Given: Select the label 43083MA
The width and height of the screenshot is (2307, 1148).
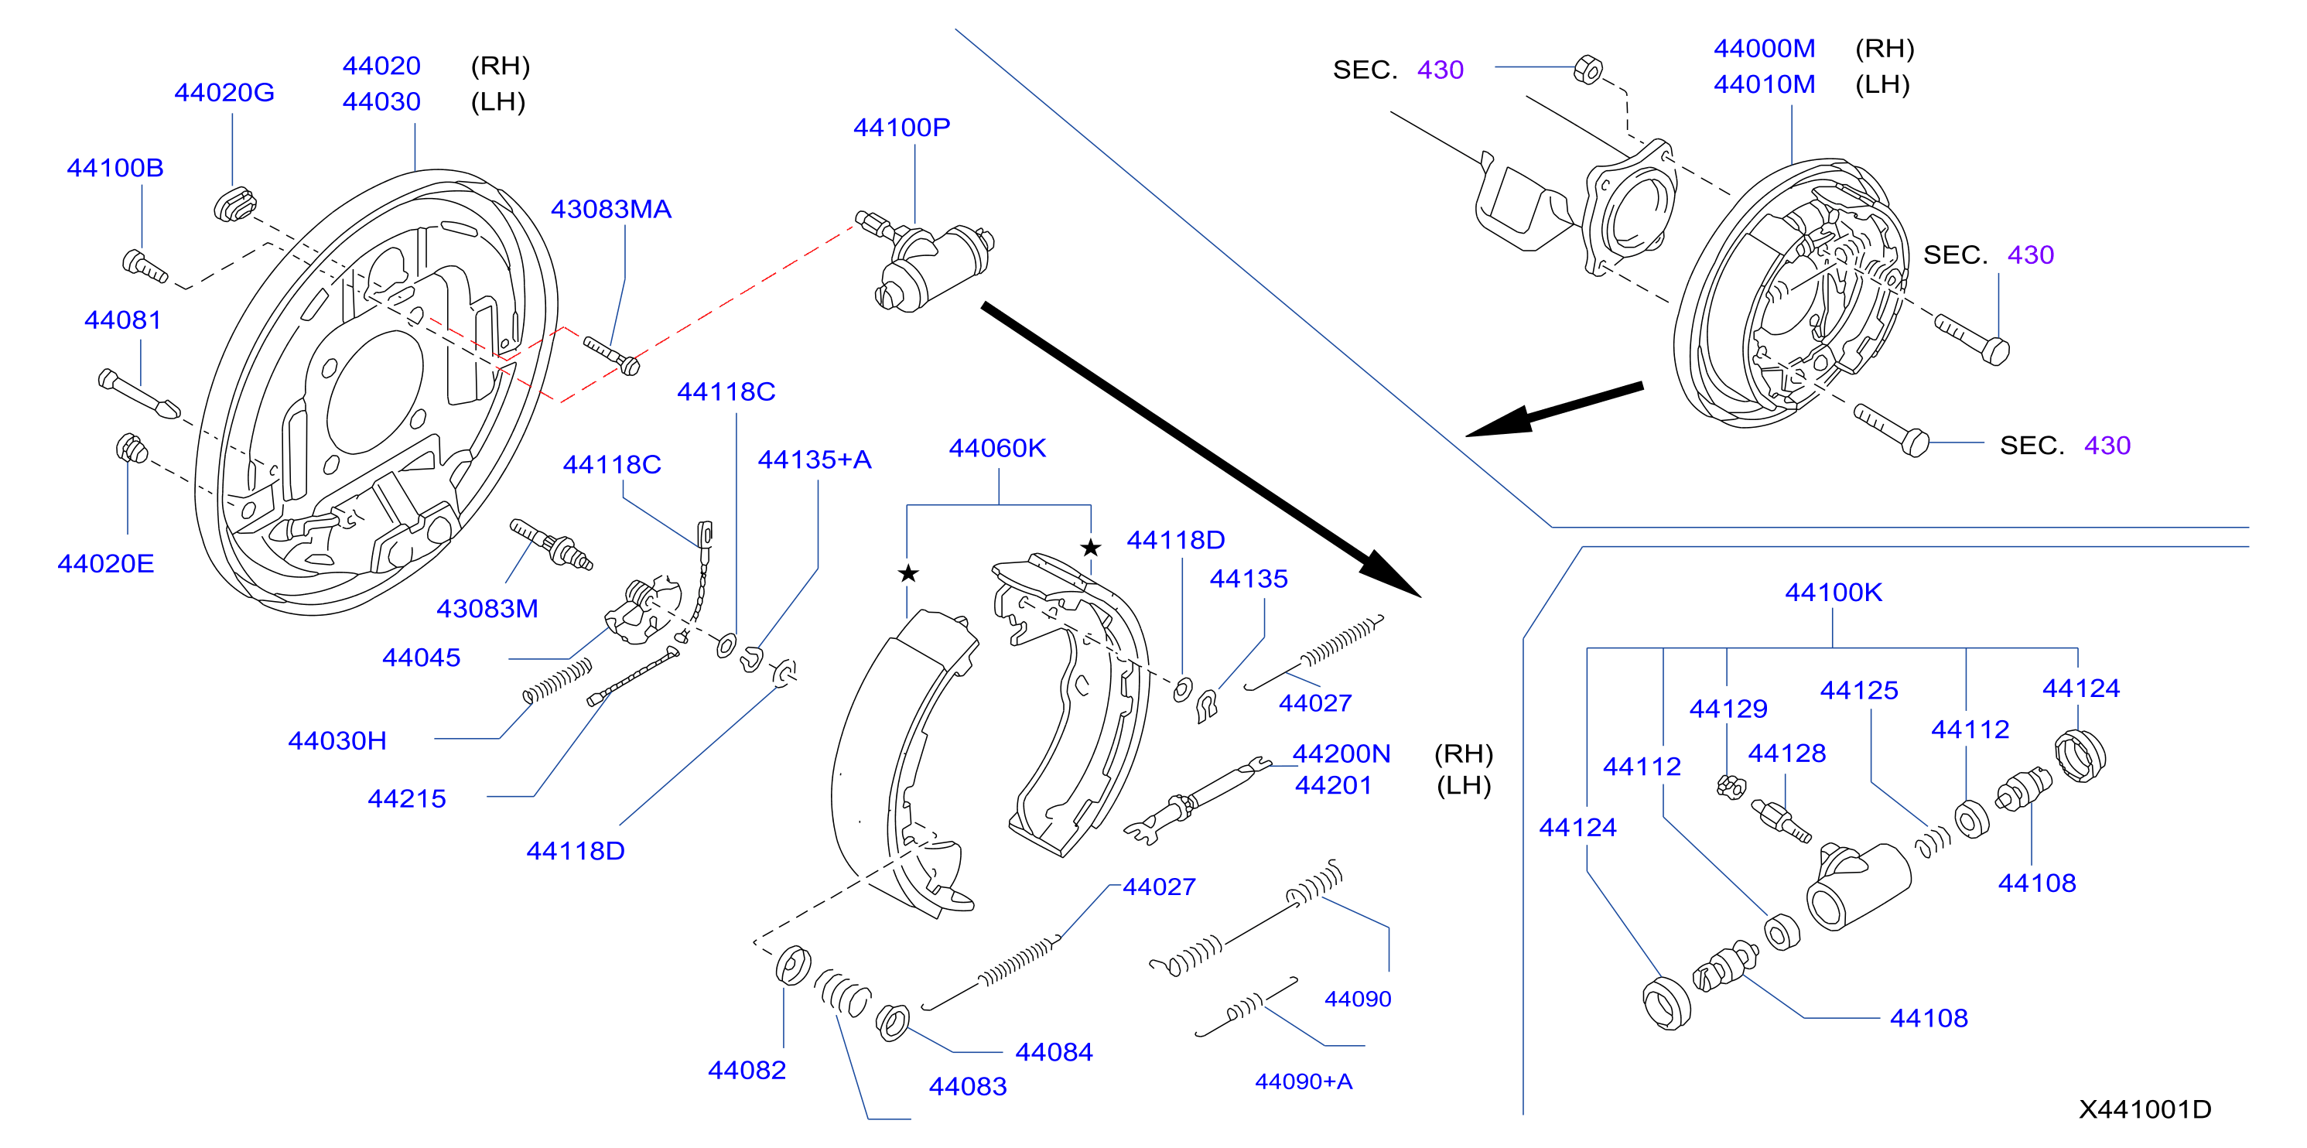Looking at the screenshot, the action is [610, 209].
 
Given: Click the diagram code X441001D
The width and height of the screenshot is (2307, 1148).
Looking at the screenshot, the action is [2145, 1109].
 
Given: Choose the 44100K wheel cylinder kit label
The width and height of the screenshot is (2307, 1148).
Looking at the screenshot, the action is [1834, 592].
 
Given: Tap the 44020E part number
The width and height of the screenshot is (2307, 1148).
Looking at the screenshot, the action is [106, 563].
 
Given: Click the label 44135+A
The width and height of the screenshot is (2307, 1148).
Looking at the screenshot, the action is [814, 460].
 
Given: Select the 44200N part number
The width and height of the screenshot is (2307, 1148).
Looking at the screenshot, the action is [1341, 754].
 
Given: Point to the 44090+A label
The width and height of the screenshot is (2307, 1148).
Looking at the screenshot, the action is [1303, 1081].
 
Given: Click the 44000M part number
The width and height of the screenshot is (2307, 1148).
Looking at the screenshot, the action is [1764, 49].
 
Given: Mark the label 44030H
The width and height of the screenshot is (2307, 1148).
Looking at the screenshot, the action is [337, 740].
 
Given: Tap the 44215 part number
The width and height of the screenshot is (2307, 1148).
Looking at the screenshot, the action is [407, 799].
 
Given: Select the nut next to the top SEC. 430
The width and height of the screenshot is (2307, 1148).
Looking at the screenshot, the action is [1588, 69].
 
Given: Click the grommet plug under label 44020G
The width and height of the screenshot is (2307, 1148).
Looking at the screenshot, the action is [234, 204].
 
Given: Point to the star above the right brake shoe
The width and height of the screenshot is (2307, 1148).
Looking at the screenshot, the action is [1090, 547].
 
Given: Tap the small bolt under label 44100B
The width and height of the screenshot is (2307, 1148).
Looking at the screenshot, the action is [144, 266].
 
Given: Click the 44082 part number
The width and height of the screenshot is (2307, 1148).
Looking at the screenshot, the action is [747, 1070].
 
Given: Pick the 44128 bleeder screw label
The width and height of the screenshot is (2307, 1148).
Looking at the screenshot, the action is [1786, 753].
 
